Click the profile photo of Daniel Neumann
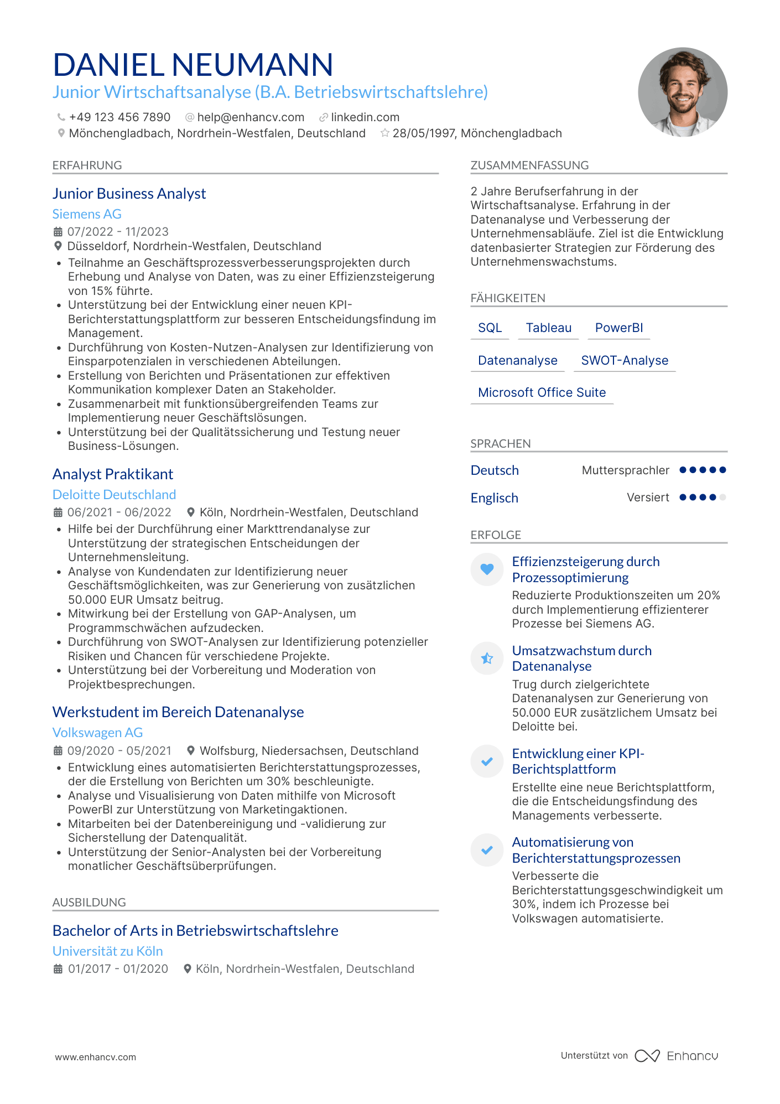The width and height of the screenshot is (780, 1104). pyautogui.click(x=682, y=92)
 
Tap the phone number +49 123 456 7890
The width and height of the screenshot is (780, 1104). pyautogui.click(x=119, y=117)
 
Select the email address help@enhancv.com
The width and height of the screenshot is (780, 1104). pyautogui.click(x=251, y=117)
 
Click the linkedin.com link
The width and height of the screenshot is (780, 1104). pyautogui.click(x=365, y=117)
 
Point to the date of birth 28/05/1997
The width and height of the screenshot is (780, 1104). pyautogui.click(x=424, y=133)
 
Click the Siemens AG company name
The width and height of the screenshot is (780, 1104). pyautogui.click(x=87, y=214)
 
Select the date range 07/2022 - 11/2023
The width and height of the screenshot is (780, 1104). pyautogui.click(x=118, y=232)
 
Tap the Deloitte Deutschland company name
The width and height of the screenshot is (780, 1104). pyautogui.click(x=114, y=495)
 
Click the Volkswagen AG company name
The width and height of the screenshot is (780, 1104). pyautogui.click(x=97, y=733)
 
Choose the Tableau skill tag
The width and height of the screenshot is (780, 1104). pyautogui.click(x=548, y=328)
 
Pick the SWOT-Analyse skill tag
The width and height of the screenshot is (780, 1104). pyautogui.click(x=625, y=361)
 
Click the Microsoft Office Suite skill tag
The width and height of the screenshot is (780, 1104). pyautogui.click(x=542, y=393)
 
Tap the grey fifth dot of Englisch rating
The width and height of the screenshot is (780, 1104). pyautogui.click(x=722, y=497)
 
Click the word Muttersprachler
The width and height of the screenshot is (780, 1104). pyautogui.click(x=625, y=470)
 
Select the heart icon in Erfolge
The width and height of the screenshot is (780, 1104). pyautogui.click(x=487, y=569)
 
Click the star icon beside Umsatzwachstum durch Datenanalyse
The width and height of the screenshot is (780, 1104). pyautogui.click(x=487, y=658)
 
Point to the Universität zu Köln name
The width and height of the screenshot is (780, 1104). pyautogui.click(x=107, y=951)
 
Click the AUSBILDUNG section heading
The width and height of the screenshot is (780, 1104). pyautogui.click(x=89, y=903)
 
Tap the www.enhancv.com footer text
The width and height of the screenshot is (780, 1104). pyautogui.click(x=95, y=1057)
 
